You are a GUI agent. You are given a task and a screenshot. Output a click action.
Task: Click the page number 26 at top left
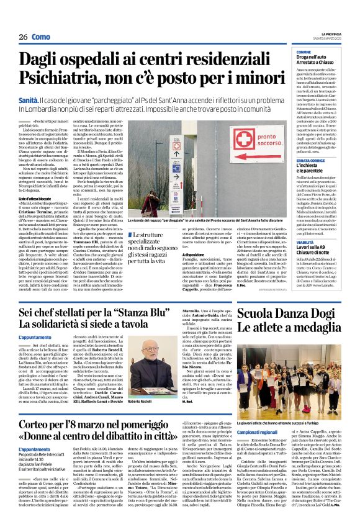click(23, 37)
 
